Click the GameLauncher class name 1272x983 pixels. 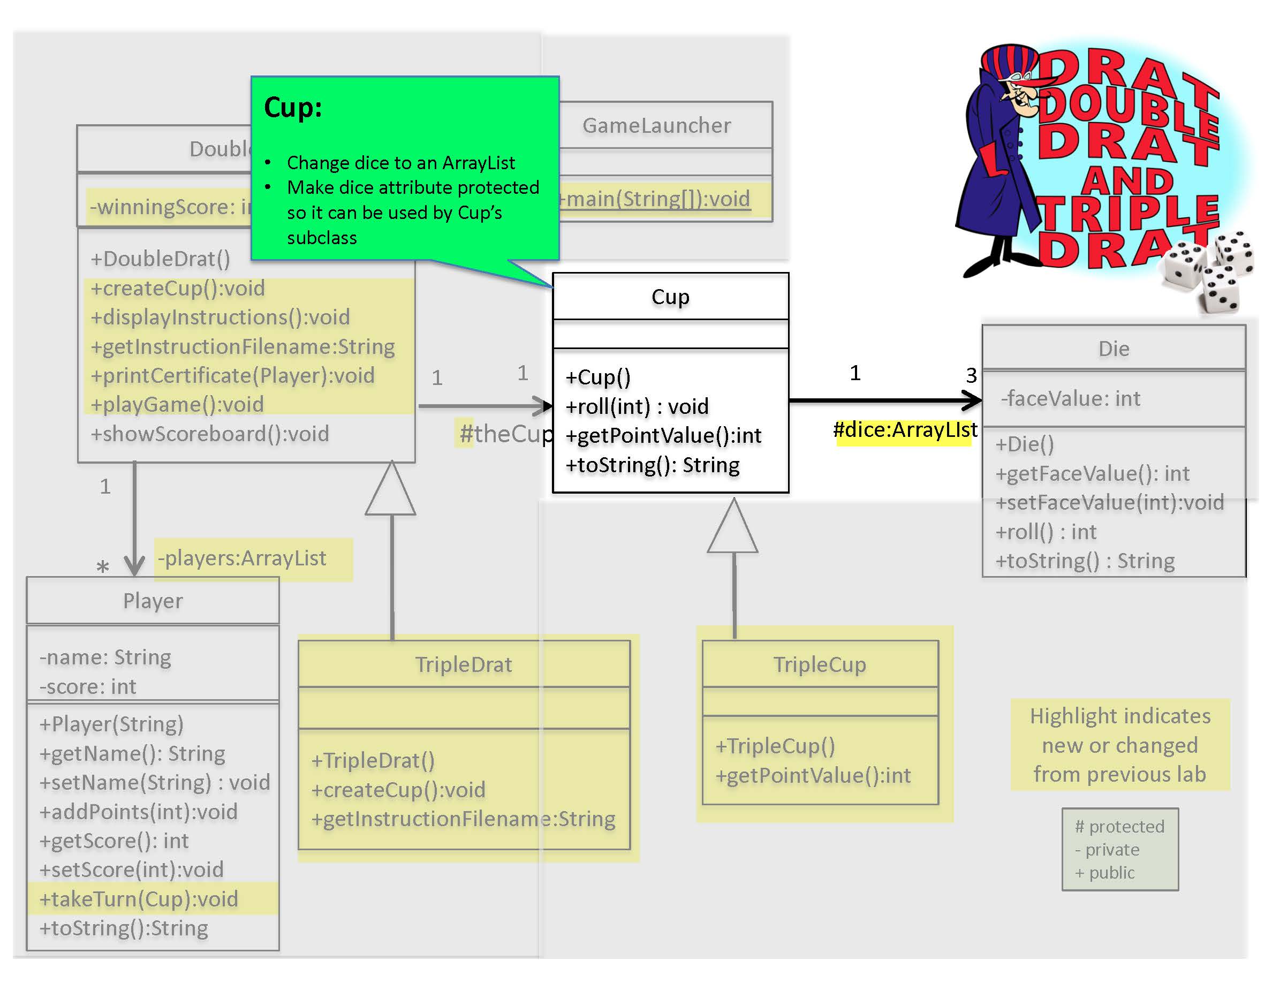click(656, 125)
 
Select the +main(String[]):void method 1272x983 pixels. click(655, 199)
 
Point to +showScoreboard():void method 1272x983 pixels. click(210, 434)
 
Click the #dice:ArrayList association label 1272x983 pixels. click(905, 430)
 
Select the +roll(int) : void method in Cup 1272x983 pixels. click(637, 406)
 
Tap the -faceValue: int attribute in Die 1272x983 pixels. click(1071, 398)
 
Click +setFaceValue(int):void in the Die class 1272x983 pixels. click(1109, 503)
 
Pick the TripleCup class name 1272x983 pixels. click(820, 664)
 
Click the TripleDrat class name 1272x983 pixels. click(464, 664)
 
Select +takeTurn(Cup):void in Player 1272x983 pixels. click(139, 899)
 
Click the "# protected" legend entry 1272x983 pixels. click(1119, 826)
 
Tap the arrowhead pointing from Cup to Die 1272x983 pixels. click(971, 400)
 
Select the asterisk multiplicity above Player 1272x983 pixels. click(103, 566)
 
